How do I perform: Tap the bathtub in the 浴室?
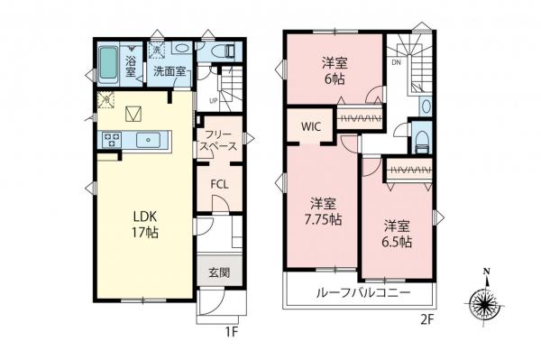coord(106,62)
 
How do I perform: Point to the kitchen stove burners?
coord(115,139)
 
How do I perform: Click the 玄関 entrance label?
coord(219,272)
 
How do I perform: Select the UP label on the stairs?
coord(214,99)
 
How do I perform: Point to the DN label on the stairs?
coord(396,64)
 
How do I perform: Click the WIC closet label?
coord(313,127)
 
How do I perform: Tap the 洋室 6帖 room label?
coord(335,70)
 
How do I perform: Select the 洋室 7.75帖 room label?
coord(322,212)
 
